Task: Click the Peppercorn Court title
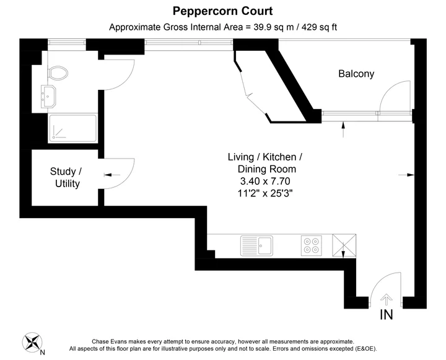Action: [223, 11]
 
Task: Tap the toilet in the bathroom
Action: [58, 73]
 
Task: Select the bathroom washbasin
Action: [48, 97]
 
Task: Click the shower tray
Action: [73, 128]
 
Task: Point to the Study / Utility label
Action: [66, 178]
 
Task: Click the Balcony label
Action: [356, 74]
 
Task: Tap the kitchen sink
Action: [256, 245]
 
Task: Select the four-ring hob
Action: [312, 245]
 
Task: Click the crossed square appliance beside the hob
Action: [344, 245]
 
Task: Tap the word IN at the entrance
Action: [387, 315]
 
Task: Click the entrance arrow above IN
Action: [387, 300]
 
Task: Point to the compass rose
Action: [32, 343]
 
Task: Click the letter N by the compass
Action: [42, 353]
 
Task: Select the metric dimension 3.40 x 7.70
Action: [265, 182]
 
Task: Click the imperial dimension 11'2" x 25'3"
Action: [265, 193]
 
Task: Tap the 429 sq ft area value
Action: [319, 27]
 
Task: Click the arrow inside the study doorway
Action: [111, 175]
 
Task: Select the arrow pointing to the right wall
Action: [406, 175]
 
